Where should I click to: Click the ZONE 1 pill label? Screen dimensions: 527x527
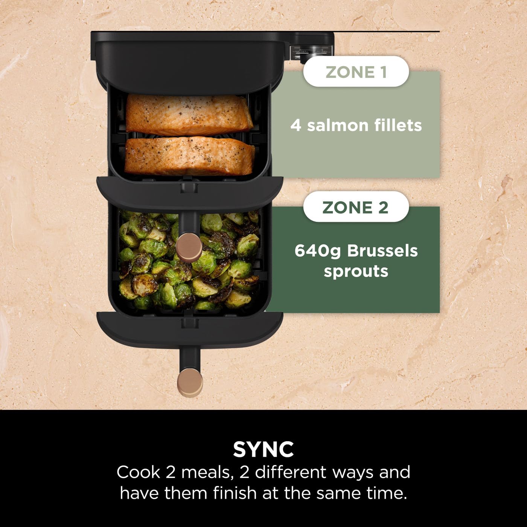point(356,72)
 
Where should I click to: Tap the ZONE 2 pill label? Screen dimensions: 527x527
point(356,207)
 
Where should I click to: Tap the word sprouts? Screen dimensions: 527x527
point(356,271)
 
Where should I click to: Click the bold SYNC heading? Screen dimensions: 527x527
point(263,449)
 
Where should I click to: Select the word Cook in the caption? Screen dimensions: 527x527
point(138,472)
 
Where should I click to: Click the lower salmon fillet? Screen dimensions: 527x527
point(189,155)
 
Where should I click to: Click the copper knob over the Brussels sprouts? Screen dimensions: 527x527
point(189,247)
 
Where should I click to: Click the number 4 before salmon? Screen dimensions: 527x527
point(295,125)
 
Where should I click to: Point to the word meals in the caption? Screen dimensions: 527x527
point(205,472)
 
